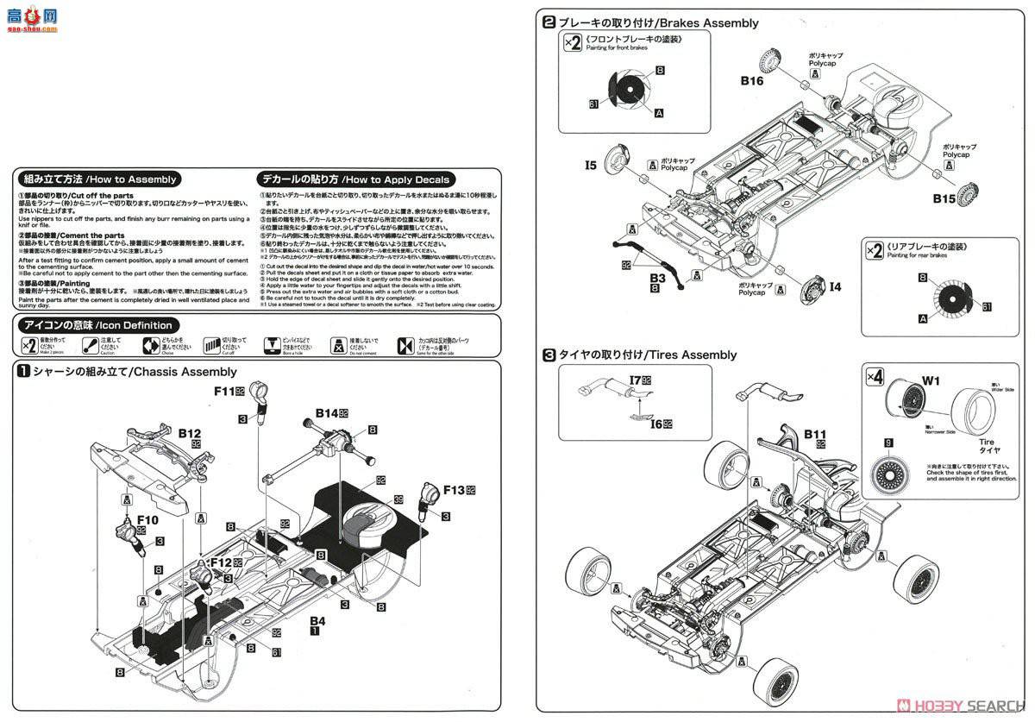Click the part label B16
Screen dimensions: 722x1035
point(751,81)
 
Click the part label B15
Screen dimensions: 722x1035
point(944,198)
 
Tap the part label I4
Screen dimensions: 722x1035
point(835,286)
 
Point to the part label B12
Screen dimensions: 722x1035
point(190,432)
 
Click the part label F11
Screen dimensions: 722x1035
point(226,391)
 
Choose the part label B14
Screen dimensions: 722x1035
point(325,413)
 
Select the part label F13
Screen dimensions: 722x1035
point(454,490)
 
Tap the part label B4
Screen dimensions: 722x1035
point(317,620)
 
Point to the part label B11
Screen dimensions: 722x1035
point(815,434)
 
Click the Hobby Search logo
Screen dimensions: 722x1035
point(957,704)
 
